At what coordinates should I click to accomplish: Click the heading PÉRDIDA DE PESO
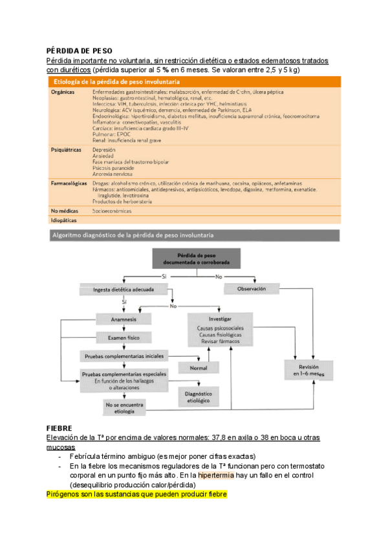point(80,49)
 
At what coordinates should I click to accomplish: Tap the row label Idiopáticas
point(65,221)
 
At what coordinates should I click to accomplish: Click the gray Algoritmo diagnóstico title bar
point(136,235)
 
